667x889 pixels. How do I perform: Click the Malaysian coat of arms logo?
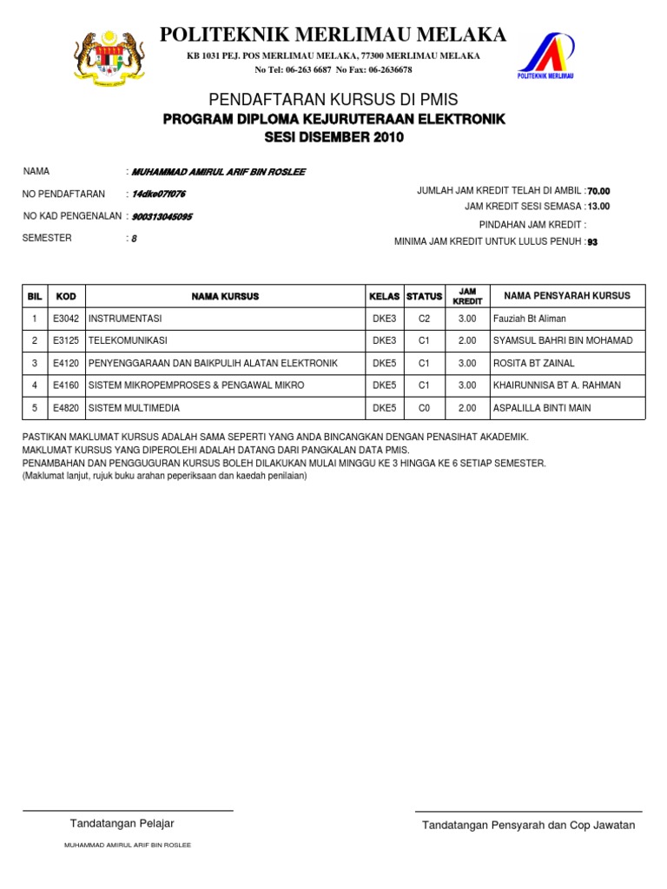[x=109, y=59]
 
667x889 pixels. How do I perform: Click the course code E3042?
[x=66, y=319]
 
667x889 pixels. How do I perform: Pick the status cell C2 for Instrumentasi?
[x=424, y=319]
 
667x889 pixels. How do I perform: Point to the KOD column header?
[x=66, y=296]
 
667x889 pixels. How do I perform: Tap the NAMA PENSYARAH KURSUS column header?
[x=567, y=296]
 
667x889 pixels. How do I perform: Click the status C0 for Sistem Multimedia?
[x=424, y=408]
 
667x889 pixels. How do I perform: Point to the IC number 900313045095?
[x=162, y=216]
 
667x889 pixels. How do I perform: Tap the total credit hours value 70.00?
[x=599, y=191]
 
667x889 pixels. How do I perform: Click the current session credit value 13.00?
[x=598, y=207]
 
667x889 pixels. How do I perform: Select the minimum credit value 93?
[x=593, y=242]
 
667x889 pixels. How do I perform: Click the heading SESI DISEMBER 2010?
[x=334, y=137]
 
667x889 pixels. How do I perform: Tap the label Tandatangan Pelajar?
[x=122, y=823]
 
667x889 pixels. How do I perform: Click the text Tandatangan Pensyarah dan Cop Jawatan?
[x=528, y=825]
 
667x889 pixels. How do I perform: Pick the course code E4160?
[x=66, y=385]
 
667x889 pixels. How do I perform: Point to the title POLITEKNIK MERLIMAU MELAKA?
[x=333, y=35]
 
